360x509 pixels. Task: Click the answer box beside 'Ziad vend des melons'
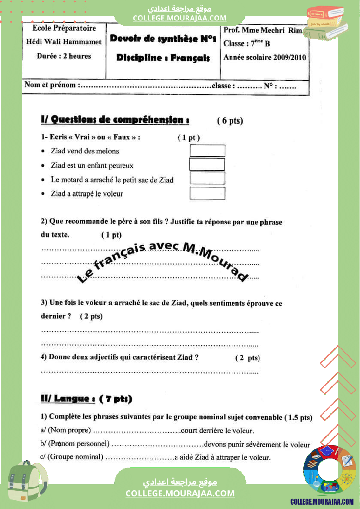click(207, 151)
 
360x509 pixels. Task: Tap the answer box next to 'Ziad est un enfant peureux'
click(207, 165)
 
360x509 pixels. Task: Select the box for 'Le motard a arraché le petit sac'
click(207, 178)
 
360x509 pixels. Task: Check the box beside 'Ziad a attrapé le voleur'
click(207, 193)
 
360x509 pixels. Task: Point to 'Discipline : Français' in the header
click(163, 58)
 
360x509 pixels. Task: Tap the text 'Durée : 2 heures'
click(64, 56)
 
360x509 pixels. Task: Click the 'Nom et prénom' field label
click(50, 85)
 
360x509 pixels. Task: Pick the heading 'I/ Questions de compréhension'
click(115, 120)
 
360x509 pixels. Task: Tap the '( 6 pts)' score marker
click(230, 121)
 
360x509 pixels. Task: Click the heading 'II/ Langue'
click(68, 398)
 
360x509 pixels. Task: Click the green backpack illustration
click(27, 479)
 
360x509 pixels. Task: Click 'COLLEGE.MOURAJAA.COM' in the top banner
click(180, 18)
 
